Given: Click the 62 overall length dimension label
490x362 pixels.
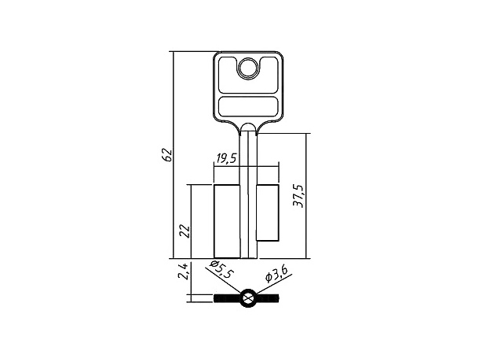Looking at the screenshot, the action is (x=168, y=155).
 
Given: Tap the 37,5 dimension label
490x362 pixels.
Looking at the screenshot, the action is (x=298, y=196).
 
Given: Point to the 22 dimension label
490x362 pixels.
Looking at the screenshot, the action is (x=185, y=231).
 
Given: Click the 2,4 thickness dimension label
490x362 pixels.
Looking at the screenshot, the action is (x=183, y=271).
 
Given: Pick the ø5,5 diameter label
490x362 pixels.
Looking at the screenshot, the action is (x=221, y=269).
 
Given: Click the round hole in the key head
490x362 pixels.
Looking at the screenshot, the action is (x=248, y=68).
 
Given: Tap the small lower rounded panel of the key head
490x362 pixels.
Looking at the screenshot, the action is (x=248, y=106).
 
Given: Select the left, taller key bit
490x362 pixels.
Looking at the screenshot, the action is (x=227, y=222).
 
